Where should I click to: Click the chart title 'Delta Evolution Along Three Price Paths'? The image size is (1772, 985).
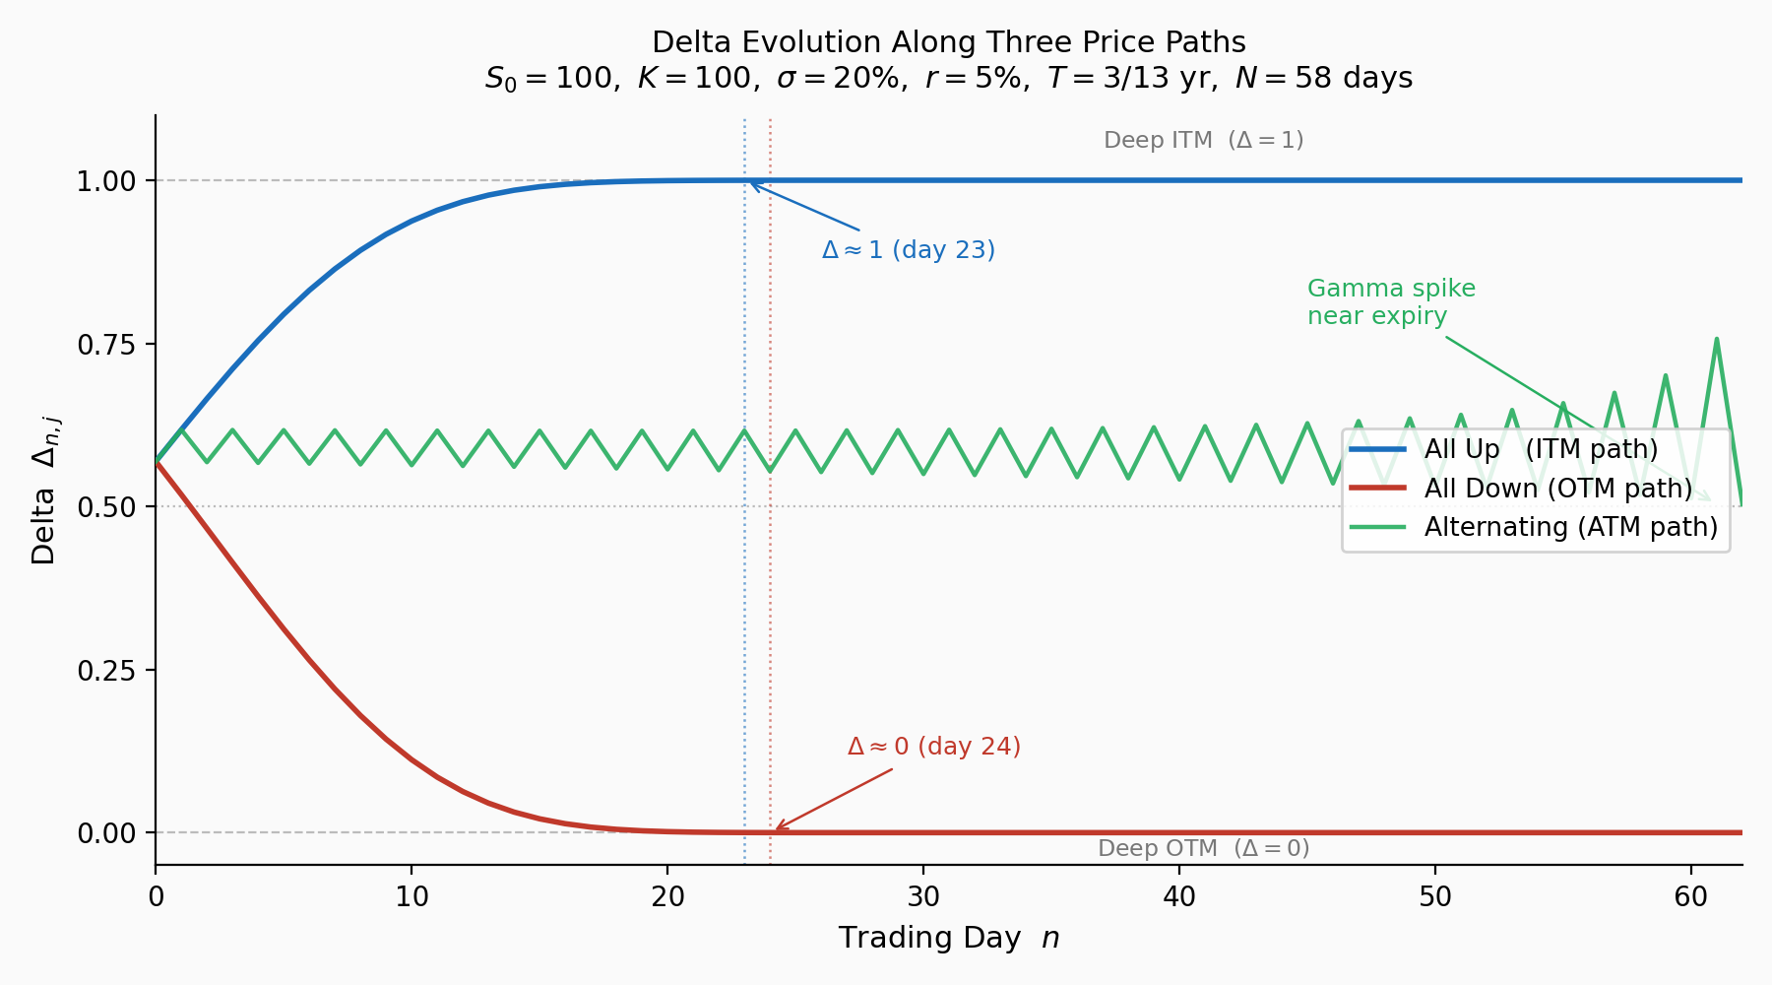(948, 42)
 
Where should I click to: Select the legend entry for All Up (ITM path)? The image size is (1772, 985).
(1541, 449)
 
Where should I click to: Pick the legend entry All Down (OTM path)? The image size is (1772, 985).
(1557, 489)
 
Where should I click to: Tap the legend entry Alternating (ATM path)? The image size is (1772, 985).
(1570, 527)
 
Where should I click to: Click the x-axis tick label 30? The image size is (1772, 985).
(923, 896)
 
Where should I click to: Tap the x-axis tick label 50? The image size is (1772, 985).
(1435, 896)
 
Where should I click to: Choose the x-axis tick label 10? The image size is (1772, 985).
(411, 896)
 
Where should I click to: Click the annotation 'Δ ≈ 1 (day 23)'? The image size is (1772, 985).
(908, 250)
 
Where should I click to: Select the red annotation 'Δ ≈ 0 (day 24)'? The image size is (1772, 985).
(933, 747)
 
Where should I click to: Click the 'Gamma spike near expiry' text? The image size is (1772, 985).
(1390, 302)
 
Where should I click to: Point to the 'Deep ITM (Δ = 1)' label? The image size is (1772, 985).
(1203, 140)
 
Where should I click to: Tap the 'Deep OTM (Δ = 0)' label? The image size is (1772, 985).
(1203, 848)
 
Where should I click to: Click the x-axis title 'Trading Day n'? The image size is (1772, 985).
(948, 938)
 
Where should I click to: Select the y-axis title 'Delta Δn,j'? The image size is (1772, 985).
(45, 506)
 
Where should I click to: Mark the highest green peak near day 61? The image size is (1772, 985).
(1716, 339)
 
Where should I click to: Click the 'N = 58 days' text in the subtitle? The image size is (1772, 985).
(1323, 78)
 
